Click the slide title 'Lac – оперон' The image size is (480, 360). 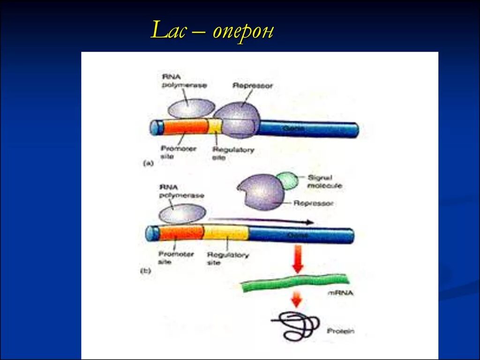click(x=212, y=32)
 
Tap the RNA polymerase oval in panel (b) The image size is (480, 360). click(x=182, y=214)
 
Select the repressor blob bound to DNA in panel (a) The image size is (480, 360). click(x=238, y=119)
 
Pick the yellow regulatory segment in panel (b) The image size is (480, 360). click(x=226, y=232)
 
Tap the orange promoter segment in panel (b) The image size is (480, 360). click(x=181, y=232)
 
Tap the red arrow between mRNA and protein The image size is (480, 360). click(x=296, y=299)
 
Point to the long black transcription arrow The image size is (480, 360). click(x=261, y=220)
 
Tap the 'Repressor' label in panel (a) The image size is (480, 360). click(x=252, y=86)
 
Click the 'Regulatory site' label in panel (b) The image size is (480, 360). click(x=228, y=259)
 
